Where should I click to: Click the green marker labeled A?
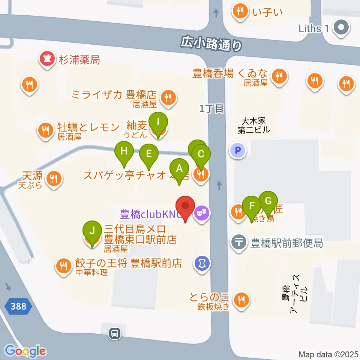click(x=179, y=168)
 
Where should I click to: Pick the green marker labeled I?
click(x=158, y=122)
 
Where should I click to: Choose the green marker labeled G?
click(x=268, y=201)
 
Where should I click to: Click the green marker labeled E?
click(x=149, y=154)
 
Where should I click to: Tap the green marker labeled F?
click(x=252, y=205)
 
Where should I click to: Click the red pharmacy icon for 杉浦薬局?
click(x=47, y=59)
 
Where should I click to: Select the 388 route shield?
click(x=18, y=307)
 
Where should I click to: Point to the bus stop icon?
click(x=115, y=333)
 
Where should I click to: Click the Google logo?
click(x=25, y=351)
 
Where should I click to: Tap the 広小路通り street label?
click(x=211, y=43)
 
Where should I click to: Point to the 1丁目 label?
click(x=211, y=109)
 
